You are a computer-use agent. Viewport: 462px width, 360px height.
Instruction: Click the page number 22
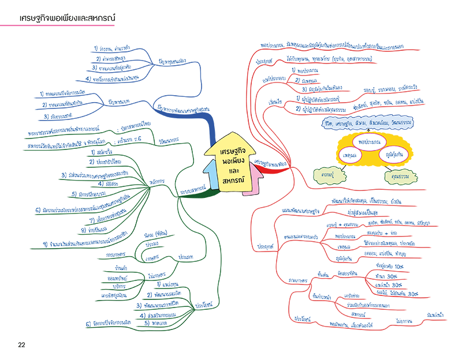click(21, 345)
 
